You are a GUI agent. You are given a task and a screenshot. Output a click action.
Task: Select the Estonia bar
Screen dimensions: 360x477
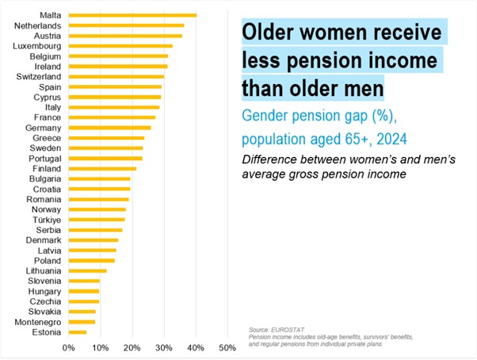(x=78, y=332)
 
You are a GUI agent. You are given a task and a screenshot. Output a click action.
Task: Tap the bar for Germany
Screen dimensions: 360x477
(x=109, y=128)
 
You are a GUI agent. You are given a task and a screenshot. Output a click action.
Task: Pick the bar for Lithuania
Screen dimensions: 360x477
(x=87, y=270)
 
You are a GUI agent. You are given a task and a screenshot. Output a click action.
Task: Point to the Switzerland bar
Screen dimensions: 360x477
(x=116, y=76)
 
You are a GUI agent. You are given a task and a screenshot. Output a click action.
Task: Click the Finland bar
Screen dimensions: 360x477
(x=102, y=168)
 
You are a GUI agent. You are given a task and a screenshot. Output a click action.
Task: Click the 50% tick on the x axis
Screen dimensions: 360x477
(x=227, y=347)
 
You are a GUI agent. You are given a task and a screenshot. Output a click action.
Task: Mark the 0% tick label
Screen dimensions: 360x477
(x=70, y=347)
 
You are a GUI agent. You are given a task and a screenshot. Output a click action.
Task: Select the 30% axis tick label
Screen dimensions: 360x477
(x=164, y=347)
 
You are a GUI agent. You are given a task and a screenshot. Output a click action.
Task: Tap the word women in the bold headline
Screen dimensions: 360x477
(x=342, y=34)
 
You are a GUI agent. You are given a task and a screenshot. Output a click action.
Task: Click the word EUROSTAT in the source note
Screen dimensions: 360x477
(x=283, y=328)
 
